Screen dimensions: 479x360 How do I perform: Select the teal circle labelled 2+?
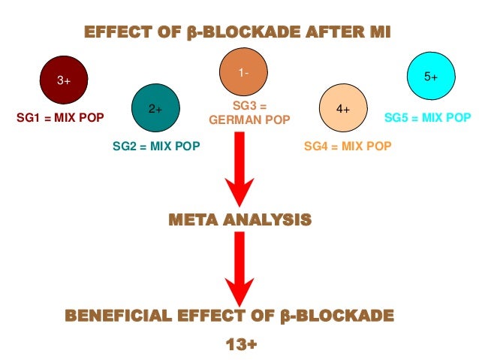click(155, 108)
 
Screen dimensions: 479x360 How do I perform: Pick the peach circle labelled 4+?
click(343, 108)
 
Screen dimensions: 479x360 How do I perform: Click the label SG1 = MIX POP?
click(60, 118)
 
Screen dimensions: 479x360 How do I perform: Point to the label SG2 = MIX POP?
click(156, 147)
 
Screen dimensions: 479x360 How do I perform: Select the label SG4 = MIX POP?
click(348, 147)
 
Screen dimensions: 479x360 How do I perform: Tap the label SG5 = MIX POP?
click(428, 118)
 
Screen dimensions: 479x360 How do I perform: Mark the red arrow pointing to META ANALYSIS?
click(239, 169)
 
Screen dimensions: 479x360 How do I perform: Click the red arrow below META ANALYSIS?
click(239, 267)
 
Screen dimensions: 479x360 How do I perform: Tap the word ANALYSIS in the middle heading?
click(267, 221)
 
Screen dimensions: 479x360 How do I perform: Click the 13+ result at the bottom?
click(241, 344)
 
